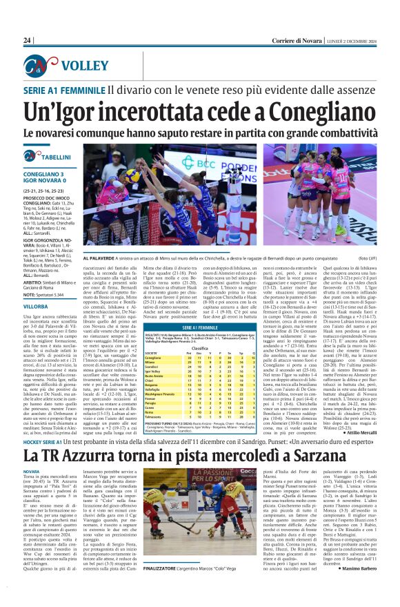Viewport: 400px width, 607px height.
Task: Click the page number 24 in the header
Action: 28,41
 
